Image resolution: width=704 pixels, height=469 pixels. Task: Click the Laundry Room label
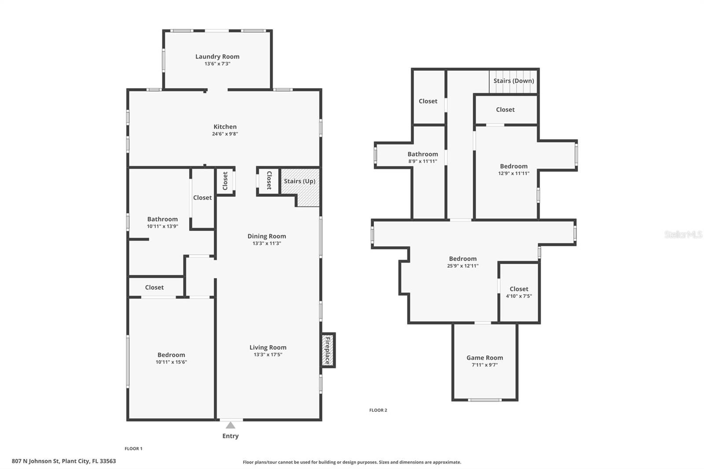(x=217, y=57)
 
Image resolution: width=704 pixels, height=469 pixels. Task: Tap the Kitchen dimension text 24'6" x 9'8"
(x=225, y=134)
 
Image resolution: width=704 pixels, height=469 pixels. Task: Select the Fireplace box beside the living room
(x=328, y=350)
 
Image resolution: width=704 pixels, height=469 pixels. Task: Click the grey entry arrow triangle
(x=231, y=425)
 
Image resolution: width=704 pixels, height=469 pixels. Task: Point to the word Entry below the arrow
(x=231, y=436)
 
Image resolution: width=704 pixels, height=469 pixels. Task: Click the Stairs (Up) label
(x=300, y=181)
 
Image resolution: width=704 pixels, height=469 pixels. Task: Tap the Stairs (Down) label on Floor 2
(x=513, y=81)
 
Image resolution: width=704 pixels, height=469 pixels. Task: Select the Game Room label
(x=484, y=358)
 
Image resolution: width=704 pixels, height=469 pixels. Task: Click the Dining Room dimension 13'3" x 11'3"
(x=267, y=243)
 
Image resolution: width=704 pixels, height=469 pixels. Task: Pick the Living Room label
(x=268, y=347)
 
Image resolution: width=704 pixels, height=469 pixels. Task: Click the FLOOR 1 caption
(x=134, y=449)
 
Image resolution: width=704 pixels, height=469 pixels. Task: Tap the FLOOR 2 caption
(x=378, y=410)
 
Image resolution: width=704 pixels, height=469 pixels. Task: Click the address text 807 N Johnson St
(x=36, y=461)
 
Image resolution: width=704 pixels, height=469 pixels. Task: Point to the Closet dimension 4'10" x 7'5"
(x=519, y=296)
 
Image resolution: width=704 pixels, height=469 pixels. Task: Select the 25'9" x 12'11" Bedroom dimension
(x=462, y=266)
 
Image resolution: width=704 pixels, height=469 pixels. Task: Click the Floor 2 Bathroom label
(x=423, y=154)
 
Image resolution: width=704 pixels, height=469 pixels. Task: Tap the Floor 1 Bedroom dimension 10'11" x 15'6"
(x=171, y=362)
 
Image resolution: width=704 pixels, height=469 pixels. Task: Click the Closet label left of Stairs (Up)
(x=269, y=180)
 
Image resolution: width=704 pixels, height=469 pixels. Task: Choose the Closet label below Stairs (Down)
(x=506, y=110)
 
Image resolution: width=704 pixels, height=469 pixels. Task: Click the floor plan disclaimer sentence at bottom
(x=352, y=462)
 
